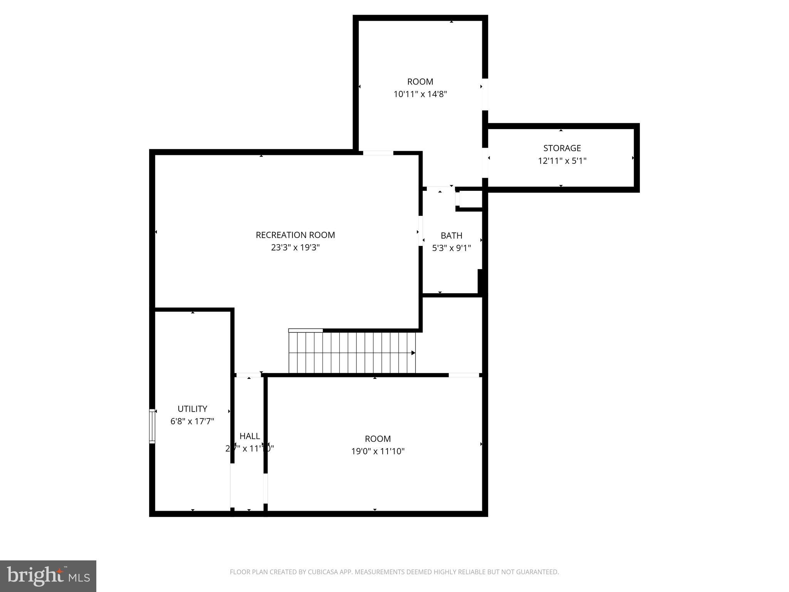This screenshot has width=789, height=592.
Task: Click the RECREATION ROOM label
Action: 295,235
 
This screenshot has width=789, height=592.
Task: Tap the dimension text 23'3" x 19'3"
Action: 295,247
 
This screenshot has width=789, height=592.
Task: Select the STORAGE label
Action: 562,148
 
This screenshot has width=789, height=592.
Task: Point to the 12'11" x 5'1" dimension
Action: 562,161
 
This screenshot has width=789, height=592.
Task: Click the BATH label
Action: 451,235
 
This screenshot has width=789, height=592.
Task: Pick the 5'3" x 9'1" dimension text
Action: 451,248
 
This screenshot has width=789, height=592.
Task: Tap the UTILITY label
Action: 192,409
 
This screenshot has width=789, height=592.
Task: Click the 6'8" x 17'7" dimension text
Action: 192,421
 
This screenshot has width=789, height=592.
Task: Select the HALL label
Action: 250,436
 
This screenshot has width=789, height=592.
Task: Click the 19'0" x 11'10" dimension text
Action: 378,451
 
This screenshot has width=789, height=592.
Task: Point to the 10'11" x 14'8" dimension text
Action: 420,94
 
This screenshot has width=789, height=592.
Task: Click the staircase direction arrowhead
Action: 413,353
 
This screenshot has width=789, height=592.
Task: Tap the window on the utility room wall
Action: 152,426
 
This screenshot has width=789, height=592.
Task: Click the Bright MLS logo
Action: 48,576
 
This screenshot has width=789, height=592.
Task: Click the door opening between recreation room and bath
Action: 421,230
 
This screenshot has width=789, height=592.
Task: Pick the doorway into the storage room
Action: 485,163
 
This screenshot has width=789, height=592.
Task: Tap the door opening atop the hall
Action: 248,375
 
